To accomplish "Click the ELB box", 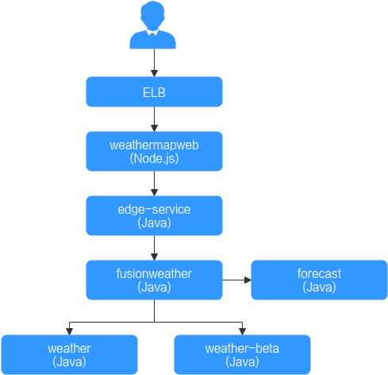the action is (x=154, y=91).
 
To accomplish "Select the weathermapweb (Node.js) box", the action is (x=154, y=151).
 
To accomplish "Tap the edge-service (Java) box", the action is (x=154, y=215).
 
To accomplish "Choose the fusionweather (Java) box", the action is (x=154, y=280).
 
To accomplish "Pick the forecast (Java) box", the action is (x=319, y=280).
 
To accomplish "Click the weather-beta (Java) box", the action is (x=242, y=354).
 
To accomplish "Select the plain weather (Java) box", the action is (x=69, y=354).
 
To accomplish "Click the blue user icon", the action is (x=152, y=25).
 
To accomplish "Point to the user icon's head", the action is (x=152, y=15).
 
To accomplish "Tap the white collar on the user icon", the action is (x=152, y=33).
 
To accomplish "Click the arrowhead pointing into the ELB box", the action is (x=154, y=73).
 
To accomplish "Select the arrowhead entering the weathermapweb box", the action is (x=154, y=128).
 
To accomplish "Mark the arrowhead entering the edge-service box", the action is (x=154, y=192).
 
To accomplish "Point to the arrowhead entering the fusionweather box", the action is (x=154, y=257).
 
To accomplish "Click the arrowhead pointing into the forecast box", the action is (x=248, y=280).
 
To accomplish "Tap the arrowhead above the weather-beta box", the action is (x=242, y=331).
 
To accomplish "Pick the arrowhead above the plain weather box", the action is (x=69, y=331).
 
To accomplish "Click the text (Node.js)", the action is (x=154, y=159).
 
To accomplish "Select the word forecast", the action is (x=319, y=273).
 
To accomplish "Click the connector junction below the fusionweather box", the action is (x=154, y=322).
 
